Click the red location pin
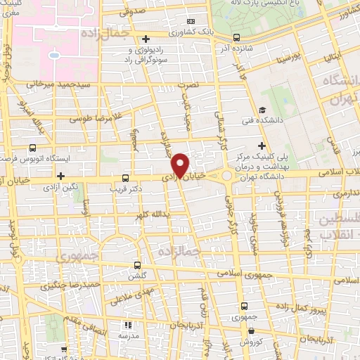pos(181,165)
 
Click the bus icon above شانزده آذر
pos(236,37)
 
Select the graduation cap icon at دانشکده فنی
pos(262,110)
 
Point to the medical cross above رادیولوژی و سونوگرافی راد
pos(146,39)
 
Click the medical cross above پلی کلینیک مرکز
pos(261,146)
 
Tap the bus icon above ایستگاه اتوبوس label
pos(33,149)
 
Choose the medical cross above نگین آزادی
pos(61,176)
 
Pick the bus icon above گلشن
pos(137,266)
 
